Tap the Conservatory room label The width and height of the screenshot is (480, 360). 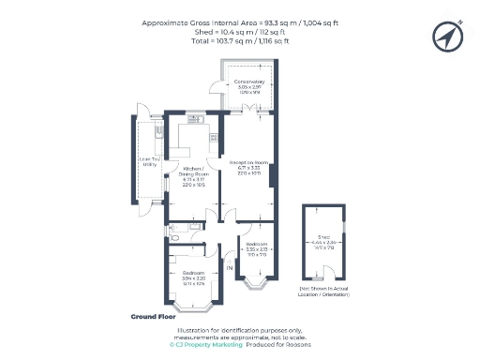pos(249,87)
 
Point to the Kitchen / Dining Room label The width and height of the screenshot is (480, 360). pos(194,175)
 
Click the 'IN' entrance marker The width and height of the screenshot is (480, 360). pos(228,269)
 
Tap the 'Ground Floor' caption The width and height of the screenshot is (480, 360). pos(154,317)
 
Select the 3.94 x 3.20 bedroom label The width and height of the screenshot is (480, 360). pos(193,278)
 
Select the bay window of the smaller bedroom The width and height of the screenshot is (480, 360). pos(255,279)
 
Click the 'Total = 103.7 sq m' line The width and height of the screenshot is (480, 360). pos(240,42)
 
